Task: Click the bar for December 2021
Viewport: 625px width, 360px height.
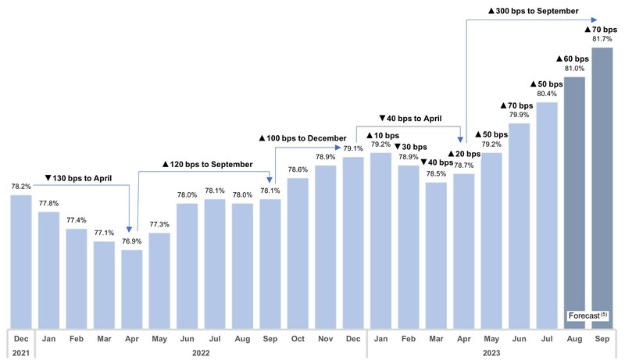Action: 20,262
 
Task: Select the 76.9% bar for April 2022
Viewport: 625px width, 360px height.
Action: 131,289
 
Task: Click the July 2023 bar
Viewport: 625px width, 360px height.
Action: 547,215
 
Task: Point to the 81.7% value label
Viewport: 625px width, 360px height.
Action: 602,40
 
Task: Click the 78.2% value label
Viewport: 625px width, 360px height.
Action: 20,187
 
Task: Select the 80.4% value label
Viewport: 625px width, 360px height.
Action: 547,94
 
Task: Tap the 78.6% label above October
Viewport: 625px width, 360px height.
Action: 298,169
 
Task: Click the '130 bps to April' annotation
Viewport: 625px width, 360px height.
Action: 78,179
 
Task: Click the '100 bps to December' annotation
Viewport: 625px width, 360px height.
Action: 302,138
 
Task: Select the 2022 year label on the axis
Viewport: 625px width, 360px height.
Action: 201,352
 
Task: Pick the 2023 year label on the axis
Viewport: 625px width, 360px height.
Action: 491,352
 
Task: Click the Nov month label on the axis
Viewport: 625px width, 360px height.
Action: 325,338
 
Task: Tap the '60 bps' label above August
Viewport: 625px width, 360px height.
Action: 574,59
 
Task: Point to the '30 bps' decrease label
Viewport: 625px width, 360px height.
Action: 410,146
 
